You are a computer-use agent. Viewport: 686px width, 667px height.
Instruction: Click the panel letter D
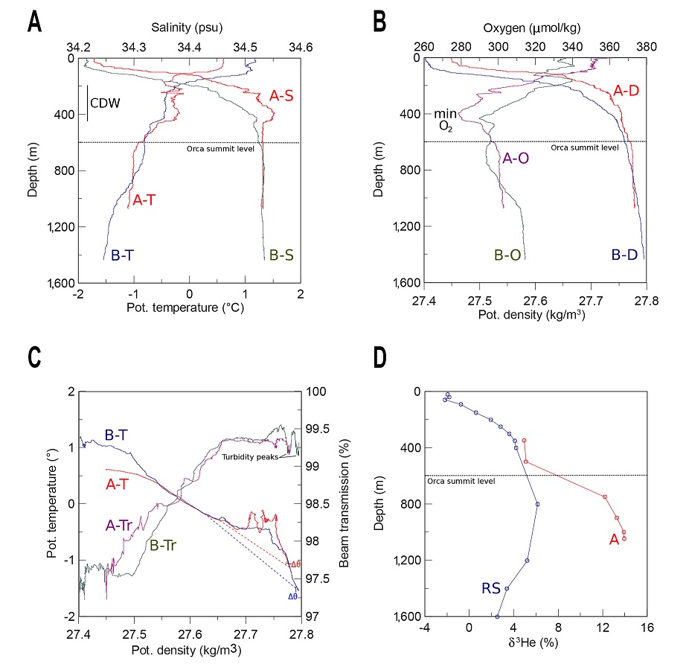click(x=379, y=357)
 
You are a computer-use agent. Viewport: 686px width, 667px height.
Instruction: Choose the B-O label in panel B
click(x=510, y=255)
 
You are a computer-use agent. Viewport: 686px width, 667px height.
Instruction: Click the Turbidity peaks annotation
click(x=249, y=457)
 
